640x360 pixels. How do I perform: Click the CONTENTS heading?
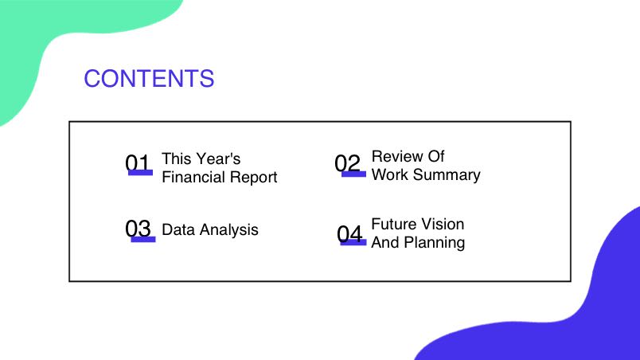pyautogui.click(x=149, y=78)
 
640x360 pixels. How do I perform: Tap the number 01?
pyautogui.click(x=138, y=162)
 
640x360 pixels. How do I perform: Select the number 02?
pyautogui.click(x=347, y=162)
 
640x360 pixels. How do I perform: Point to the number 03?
pyautogui.click(x=138, y=228)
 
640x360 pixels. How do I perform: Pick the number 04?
pyautogui.click(x=349, y=234)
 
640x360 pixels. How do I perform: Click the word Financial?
pyautogui.click(x=193, y=177)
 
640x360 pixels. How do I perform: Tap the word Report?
pyautogui.click(x=253, y=178)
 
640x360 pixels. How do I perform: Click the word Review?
pyautogui.click(x=393, y=156)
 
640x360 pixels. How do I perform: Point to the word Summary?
pyautogui.click(x=447, y=175)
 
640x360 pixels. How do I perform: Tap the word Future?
pyautogui.click(x=393, y=224)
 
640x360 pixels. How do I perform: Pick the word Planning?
pyautogui.click(x=435, y=243)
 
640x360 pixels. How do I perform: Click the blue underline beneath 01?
pyautogui.click(x=140, y=173)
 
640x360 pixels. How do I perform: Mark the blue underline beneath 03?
pyautogui.click(x=143, y=239)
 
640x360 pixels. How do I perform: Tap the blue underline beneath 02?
pyautogui.click(x=354, y=174)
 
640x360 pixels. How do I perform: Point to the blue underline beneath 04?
pyautogui.click(x=353, y=242)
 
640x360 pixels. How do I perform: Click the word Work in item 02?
pyautogui.click(x=390, y=174)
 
